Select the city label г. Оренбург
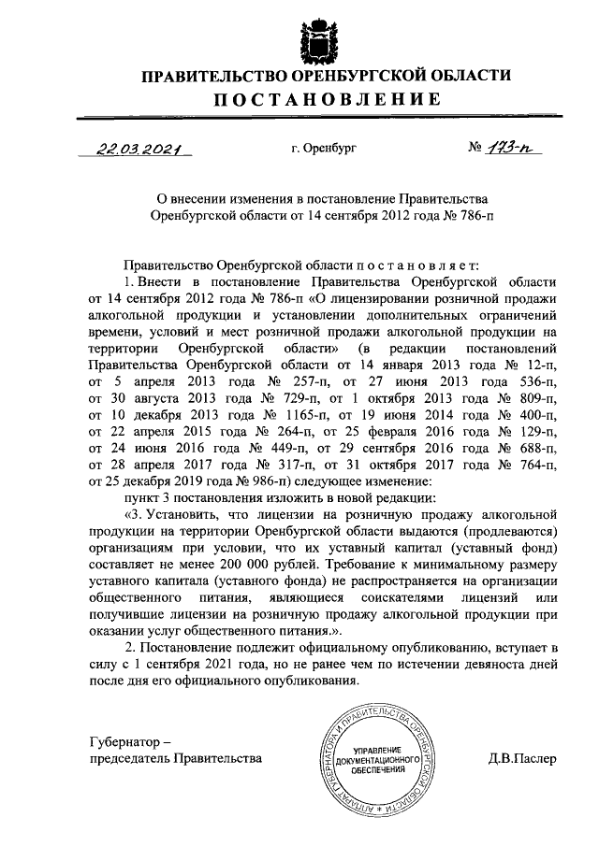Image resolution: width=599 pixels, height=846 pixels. [x=324, y=148]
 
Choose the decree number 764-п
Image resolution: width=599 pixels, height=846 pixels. [x=538, y=465]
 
